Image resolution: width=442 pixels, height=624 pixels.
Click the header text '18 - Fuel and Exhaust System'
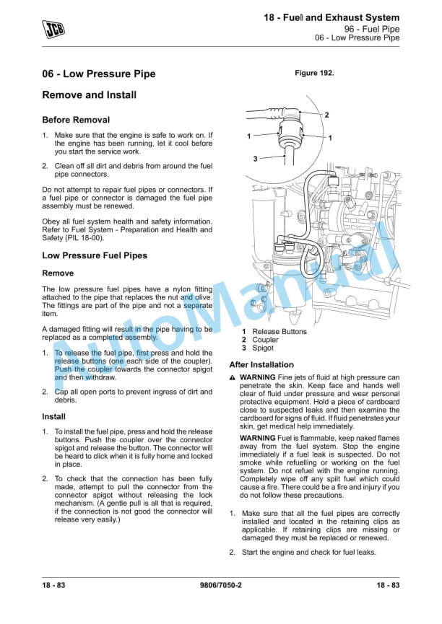pyautogui.click(x=331, y=17)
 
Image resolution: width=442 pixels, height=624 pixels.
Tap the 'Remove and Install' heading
pyautogui.click(x=89, y=95)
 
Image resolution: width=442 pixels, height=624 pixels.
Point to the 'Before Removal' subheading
pyautogui.click(x=76, y=120)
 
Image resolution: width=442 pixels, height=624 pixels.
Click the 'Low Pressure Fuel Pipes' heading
pyautogui.click(x=95, y=255)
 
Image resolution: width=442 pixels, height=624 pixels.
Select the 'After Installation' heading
pyautogui.click(x=261, y=365)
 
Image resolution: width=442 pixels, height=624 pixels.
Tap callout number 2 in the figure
pyautogui.click(x=326, y=115)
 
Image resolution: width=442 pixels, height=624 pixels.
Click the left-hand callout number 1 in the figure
pyautogui.click(x=248, y=136)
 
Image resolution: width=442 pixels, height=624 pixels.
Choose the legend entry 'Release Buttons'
pyautogui.click(x=279, y=332)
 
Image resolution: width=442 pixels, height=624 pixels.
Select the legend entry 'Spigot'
pyautogui.click(x=263, y=348)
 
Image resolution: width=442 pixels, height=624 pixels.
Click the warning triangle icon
pyautogui.click(x=233, y=378)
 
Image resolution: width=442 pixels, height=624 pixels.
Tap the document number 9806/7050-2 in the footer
pyautogui.click(x=220, y=585)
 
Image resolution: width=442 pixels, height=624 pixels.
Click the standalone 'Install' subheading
pyautogui.click(x=53, y=416)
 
